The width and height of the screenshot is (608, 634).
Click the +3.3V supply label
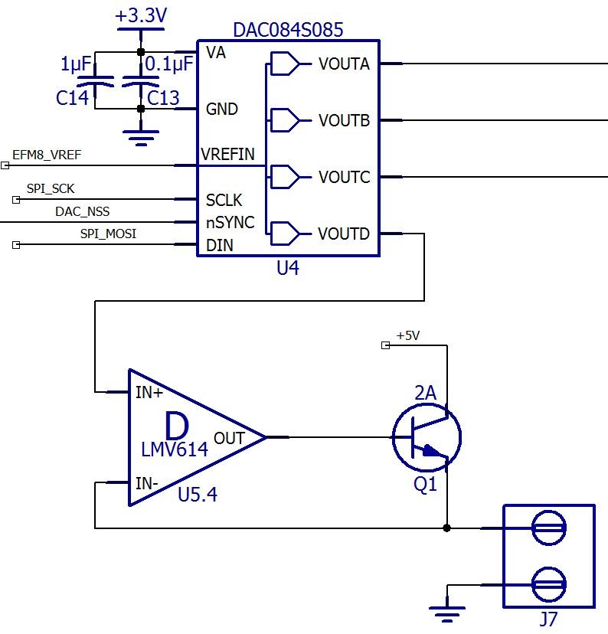click(141, 15)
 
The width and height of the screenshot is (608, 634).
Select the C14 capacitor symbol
click(95, 81)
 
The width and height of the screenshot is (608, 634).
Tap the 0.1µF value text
click(169, 64)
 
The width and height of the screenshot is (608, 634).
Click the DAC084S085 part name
click(288, 30)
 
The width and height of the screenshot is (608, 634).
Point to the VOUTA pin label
click(344, 64)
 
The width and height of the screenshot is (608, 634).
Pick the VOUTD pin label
click(344, 234)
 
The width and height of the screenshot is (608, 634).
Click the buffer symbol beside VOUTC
click(285, 177)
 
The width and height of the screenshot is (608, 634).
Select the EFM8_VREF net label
click(47, 155)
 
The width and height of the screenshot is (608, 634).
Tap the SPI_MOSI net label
click(108, 234)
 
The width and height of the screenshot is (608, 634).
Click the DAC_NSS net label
click(82, 211)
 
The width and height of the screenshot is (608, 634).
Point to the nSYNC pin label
click(230, 222)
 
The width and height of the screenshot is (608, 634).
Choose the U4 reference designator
click(287, 268)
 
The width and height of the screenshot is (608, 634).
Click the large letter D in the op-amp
click(177, 426)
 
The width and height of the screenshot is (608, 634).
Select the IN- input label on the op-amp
click(147, 483)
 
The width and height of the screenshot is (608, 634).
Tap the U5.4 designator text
click(198, 494)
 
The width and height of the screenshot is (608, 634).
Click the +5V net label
click(408, 335)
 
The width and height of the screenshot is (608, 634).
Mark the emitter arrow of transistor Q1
click(431, 450)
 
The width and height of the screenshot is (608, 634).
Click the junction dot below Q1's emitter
click(446, 528)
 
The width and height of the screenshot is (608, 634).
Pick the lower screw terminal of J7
click(548, 584)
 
